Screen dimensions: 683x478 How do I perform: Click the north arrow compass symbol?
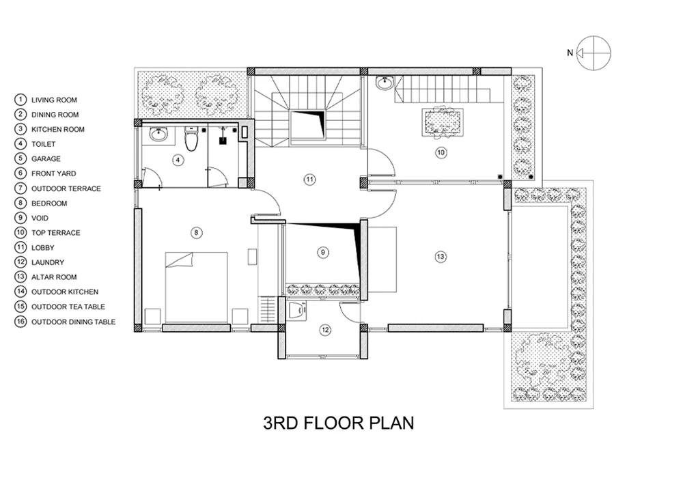pos(594,53)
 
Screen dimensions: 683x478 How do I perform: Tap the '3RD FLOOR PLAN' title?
pos(339,423)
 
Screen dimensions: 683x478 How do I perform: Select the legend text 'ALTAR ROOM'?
pos(54,277)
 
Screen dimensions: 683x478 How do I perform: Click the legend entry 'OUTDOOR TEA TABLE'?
pos(68,307)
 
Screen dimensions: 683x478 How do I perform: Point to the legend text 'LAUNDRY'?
pos(48,262)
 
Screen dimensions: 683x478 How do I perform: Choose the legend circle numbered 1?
pos(20,100)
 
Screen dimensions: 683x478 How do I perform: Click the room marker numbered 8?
pos(196,233)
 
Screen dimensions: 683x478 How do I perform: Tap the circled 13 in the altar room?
pos(441,257)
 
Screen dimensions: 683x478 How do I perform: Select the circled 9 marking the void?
pos(323,253)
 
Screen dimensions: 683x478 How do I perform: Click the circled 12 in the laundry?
pos(325,330)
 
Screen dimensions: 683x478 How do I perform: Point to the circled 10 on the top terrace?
pos(441,152)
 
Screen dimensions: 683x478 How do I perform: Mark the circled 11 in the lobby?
pos(309,180)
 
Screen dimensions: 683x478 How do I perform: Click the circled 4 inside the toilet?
pos(178,160)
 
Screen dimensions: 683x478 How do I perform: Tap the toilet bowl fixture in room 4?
pos(191,138)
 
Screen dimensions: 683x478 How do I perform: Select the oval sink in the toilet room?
pos(158,134)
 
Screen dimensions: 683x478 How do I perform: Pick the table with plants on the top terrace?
pos(443,122)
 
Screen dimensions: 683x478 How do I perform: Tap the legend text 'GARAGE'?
pos(46,159)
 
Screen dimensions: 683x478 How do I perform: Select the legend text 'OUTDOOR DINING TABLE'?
pos(73,322)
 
